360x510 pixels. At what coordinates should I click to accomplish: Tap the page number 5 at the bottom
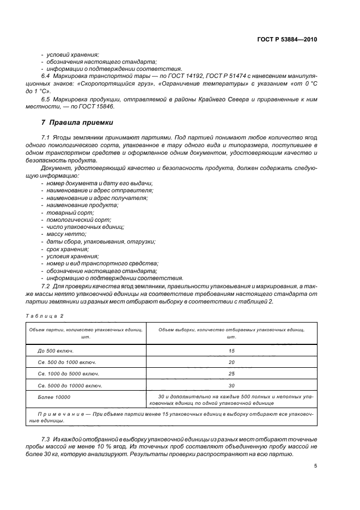315,465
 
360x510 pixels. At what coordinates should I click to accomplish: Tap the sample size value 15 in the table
231,351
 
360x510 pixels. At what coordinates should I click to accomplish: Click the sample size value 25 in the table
231,373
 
